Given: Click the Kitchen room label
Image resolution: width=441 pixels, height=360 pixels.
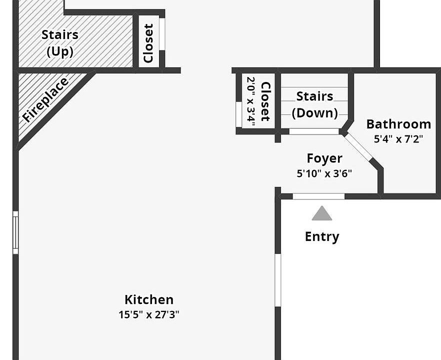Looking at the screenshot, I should (149, 299).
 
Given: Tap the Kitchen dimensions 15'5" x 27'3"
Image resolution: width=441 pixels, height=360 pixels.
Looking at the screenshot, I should (149, 314).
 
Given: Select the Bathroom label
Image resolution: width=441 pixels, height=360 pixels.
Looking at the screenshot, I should (398, 124).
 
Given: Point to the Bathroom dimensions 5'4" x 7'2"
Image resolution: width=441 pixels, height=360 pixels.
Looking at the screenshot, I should (398, 138).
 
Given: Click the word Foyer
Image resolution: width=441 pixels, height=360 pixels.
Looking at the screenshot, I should (324, 158).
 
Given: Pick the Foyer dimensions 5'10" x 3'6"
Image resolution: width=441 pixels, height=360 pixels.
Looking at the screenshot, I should (324, 173).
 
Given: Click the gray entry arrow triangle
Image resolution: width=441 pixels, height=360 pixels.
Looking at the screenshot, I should (322, 214).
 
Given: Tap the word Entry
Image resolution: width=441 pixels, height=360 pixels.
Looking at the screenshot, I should (322, 236).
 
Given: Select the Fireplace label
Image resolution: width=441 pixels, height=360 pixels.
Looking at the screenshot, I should (45, 99).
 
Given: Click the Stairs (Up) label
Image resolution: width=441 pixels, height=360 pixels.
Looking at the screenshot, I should (60, 43).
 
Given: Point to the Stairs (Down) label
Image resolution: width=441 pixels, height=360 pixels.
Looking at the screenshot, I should (315, 104).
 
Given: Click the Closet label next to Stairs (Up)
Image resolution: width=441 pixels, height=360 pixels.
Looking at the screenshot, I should (148, 43).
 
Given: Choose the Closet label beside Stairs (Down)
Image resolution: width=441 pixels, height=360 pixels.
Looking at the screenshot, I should (265, 101).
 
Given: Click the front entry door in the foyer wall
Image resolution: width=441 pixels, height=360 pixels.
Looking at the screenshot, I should (318, 196).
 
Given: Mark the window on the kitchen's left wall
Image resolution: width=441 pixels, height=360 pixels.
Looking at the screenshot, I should (15, 232).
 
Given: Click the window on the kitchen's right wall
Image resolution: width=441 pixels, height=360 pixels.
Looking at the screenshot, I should (278, 280).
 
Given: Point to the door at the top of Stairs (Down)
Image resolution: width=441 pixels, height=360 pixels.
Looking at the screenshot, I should (314, 131).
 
